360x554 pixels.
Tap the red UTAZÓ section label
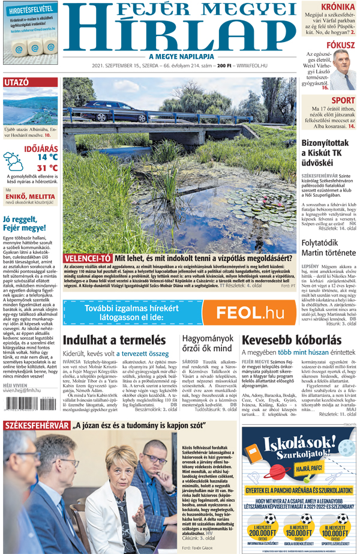click(16, 82)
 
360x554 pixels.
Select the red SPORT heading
click(343, 100)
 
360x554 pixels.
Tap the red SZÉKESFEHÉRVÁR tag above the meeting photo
click(34, 426)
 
